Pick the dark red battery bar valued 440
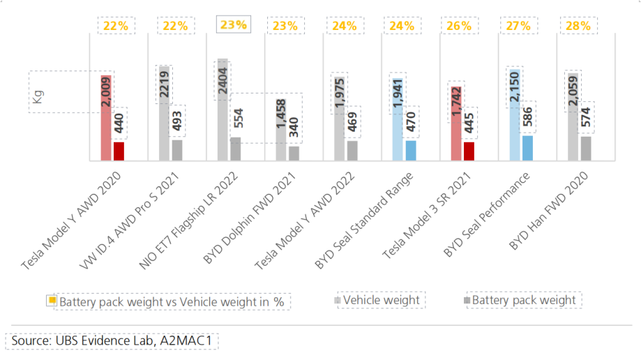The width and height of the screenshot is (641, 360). [x=119, y=151]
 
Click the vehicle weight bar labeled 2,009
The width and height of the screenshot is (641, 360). [x=106, y=119]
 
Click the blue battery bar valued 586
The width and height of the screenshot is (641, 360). [x=527, y=148]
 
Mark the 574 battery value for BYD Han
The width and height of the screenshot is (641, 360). [x=586, y=121]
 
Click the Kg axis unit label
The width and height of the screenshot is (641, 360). [x=37, y=99]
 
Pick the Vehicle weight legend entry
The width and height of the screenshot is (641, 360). [x=381, y=300]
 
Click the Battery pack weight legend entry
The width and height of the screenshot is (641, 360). [x=524, y=300]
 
